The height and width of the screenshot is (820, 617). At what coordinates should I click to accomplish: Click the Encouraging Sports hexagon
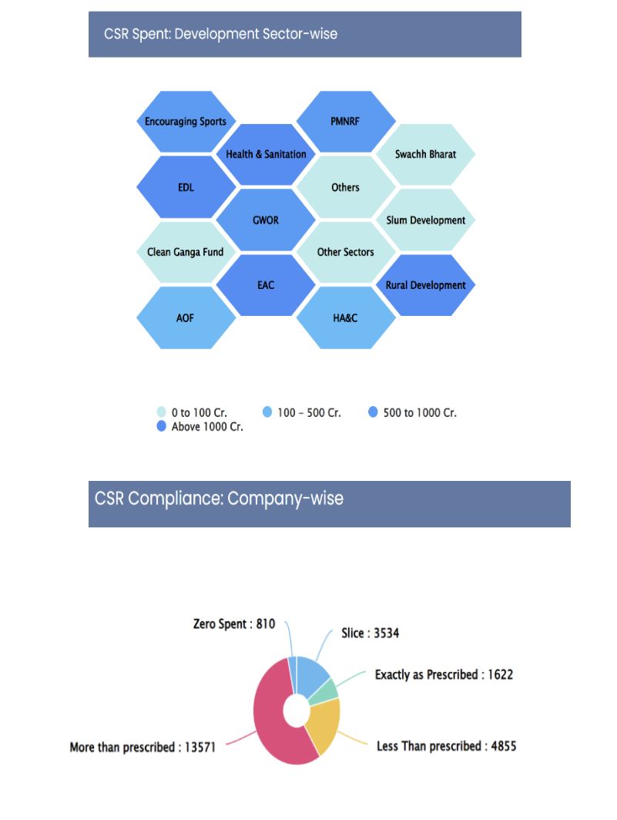[186, 122]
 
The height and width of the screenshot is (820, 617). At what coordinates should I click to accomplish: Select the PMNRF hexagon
[346, 122]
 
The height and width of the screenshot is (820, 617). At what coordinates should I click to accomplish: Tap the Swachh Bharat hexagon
[425, 154]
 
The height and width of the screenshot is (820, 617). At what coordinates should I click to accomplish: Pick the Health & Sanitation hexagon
[266, 154]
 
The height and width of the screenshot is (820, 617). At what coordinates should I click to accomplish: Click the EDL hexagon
[186, 187]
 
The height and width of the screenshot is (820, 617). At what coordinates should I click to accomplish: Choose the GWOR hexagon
[266, 220]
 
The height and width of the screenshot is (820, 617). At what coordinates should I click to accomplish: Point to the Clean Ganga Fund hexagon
[186, 252]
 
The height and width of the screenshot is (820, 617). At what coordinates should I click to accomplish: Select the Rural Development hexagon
[425, 285]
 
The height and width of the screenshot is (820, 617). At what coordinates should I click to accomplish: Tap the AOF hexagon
[186, 318]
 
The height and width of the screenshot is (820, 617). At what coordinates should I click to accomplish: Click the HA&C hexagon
[346, 318]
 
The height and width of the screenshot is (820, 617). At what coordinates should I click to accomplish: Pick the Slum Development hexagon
[425, 220]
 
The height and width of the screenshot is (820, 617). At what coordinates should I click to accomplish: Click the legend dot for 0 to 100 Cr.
[162, 412]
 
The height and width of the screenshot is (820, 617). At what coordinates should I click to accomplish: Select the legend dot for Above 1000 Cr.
[162, 426]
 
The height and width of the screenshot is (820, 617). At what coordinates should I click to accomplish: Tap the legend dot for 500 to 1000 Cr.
[374, 412]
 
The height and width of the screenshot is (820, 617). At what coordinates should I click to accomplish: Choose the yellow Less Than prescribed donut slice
[324, 724]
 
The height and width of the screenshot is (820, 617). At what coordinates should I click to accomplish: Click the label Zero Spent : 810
[233, 624]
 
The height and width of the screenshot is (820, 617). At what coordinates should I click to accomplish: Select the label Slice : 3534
[370, 633]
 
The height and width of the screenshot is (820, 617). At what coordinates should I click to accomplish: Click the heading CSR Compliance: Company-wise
[220, 498]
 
